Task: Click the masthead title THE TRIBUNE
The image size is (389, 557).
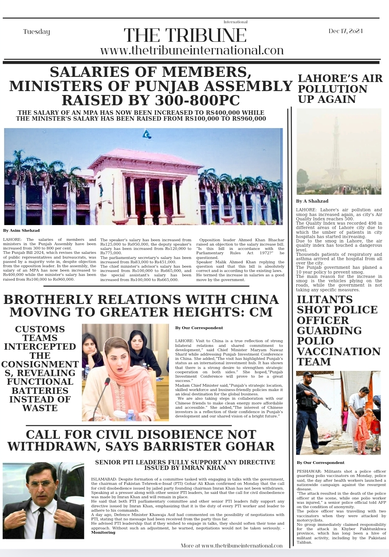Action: click(x=185, y=35)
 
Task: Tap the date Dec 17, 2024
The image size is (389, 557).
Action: click(x=345, y=31)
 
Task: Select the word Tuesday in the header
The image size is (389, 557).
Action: click(x=37, y=32)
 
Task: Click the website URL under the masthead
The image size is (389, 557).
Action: click(x=192, y=50)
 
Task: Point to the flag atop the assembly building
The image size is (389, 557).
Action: click(x=147, y=134)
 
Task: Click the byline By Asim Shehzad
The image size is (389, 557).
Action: click(x=21, y=231)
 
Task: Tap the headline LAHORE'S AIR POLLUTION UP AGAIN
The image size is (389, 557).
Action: click(x=340, y=89)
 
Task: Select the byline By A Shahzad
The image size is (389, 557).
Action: click(x=312, y=201)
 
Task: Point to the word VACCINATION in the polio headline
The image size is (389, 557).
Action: click(x=339, y=351)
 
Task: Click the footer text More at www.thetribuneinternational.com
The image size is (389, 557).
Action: click(x=232, y=546)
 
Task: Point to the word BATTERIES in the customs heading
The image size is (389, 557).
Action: click(x=40, y=391)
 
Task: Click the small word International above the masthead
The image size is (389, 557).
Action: click(x=235, y=22)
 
